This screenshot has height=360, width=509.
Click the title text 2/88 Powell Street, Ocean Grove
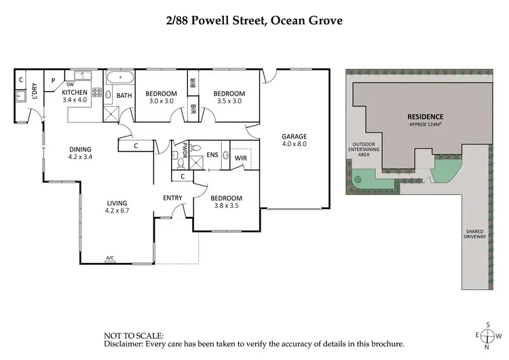254,20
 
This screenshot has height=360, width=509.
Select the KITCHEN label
74,92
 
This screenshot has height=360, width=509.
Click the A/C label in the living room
110,258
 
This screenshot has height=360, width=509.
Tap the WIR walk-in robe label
240,158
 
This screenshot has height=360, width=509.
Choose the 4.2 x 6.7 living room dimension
117,211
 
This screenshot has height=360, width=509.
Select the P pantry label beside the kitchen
52,80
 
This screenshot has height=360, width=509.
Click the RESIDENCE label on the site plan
425,116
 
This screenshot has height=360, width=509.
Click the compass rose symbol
487,336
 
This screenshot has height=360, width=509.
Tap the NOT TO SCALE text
133,336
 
